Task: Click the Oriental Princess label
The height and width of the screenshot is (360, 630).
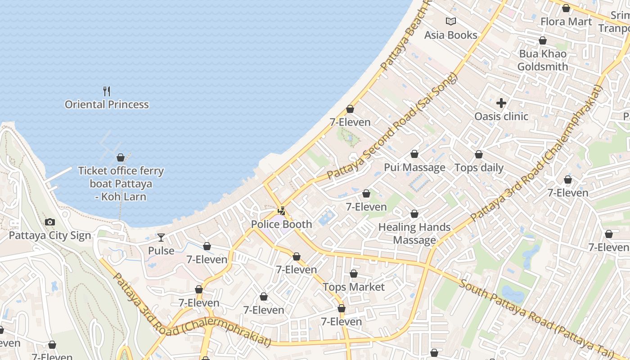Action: tap(107, 104)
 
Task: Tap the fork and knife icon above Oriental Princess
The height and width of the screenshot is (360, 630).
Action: tap(107, 91)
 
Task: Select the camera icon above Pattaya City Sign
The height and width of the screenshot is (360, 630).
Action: tap(50, 222)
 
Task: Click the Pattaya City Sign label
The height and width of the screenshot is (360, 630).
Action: tap(50, 235)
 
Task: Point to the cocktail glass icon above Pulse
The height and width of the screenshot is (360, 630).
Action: tap(161, 237)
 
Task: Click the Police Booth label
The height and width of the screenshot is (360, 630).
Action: tap(281, 224)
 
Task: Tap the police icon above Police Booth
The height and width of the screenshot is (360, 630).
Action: tap(282, 211)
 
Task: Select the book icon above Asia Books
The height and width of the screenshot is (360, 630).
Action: tap(450, 21)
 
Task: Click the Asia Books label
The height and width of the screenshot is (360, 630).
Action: tap(450, 35)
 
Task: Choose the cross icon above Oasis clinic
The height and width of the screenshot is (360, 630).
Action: tap(501, 103)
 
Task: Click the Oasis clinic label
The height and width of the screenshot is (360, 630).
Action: tap(501, 116)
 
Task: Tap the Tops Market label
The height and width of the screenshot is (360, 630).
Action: tap(354, 287)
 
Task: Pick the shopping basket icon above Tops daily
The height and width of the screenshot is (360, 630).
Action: tap(479, 154)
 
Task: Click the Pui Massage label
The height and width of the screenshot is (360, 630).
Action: tap(414, 167)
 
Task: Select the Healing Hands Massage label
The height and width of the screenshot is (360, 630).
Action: tap(414, 234)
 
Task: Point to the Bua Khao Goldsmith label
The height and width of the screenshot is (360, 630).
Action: tap(543, 60)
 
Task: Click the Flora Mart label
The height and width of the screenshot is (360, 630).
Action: tap(566, 21)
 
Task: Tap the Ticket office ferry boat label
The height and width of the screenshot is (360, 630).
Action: tap(121, 184)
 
